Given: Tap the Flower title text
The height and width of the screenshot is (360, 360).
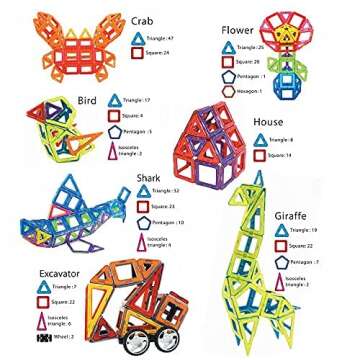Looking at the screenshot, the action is (x=237, y=30).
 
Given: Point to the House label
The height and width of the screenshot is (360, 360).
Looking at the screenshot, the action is (x=267, y=122).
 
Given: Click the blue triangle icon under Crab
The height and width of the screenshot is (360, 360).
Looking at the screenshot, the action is (x=137, y=37).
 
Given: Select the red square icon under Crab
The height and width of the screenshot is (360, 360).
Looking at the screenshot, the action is (x=137, y=53).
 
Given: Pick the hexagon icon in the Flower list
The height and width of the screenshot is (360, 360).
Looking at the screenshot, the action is (x=228, y=90).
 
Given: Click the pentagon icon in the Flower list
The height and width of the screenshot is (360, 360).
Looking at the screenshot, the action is (x=228, y=76).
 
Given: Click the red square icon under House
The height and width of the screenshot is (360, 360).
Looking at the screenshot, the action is (x=260, y=155).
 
